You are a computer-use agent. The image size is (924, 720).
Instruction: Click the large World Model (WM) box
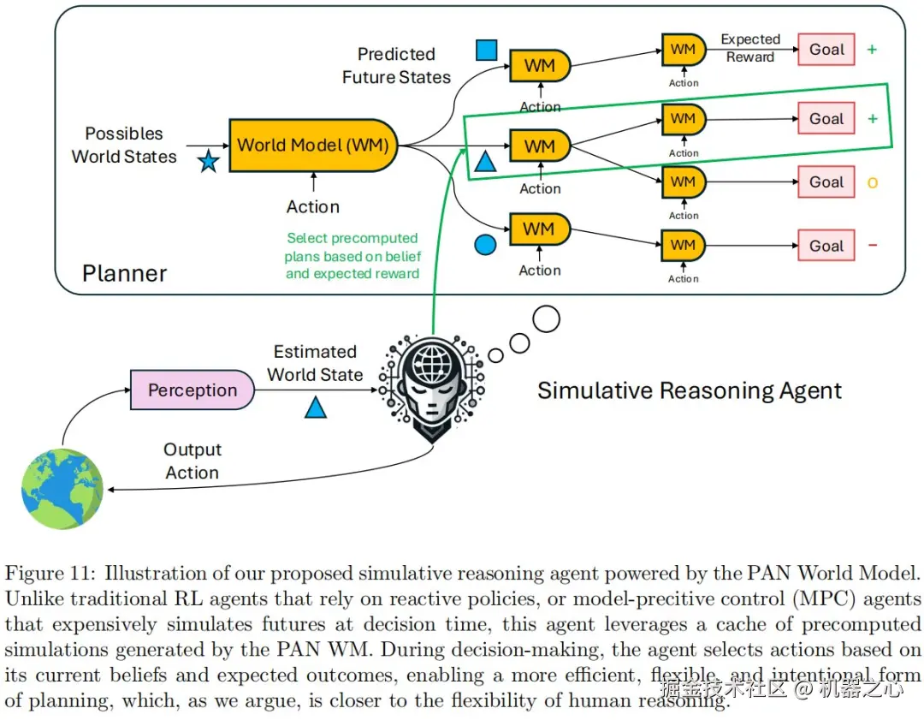[x=314, y=145]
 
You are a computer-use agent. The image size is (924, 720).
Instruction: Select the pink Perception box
[x=192, y=390]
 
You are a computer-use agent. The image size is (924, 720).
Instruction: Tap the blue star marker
[x=208, y=161]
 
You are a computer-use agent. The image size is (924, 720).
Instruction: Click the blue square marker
[x=487, y=50]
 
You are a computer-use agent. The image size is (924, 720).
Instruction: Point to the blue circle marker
[x=485, y=246]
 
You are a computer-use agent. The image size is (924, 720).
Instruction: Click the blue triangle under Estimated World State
[x=316, y=408]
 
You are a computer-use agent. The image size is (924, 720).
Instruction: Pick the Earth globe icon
[x=62, y=489]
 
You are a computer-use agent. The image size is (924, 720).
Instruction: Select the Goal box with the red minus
[x=826, y=246]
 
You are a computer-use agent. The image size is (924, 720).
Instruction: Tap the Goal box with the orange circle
[x=826, y=182]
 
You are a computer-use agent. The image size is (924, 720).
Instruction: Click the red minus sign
[x=873, y=246]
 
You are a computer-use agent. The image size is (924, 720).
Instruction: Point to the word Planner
[x=125, y=274]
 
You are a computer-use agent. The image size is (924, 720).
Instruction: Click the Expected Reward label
[x=750, y=48]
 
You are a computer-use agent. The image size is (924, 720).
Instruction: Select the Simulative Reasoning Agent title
[x=690, y=391]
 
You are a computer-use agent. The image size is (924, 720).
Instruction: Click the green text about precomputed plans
[x=352, y=256]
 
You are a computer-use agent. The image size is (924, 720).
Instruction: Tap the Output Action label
[x=192, y=461]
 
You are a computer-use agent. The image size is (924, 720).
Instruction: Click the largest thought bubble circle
[x=546, y=319]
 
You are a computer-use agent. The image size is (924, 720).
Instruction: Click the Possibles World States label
[x=124, y=145]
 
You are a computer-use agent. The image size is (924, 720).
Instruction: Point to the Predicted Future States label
[x=396, y=66]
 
